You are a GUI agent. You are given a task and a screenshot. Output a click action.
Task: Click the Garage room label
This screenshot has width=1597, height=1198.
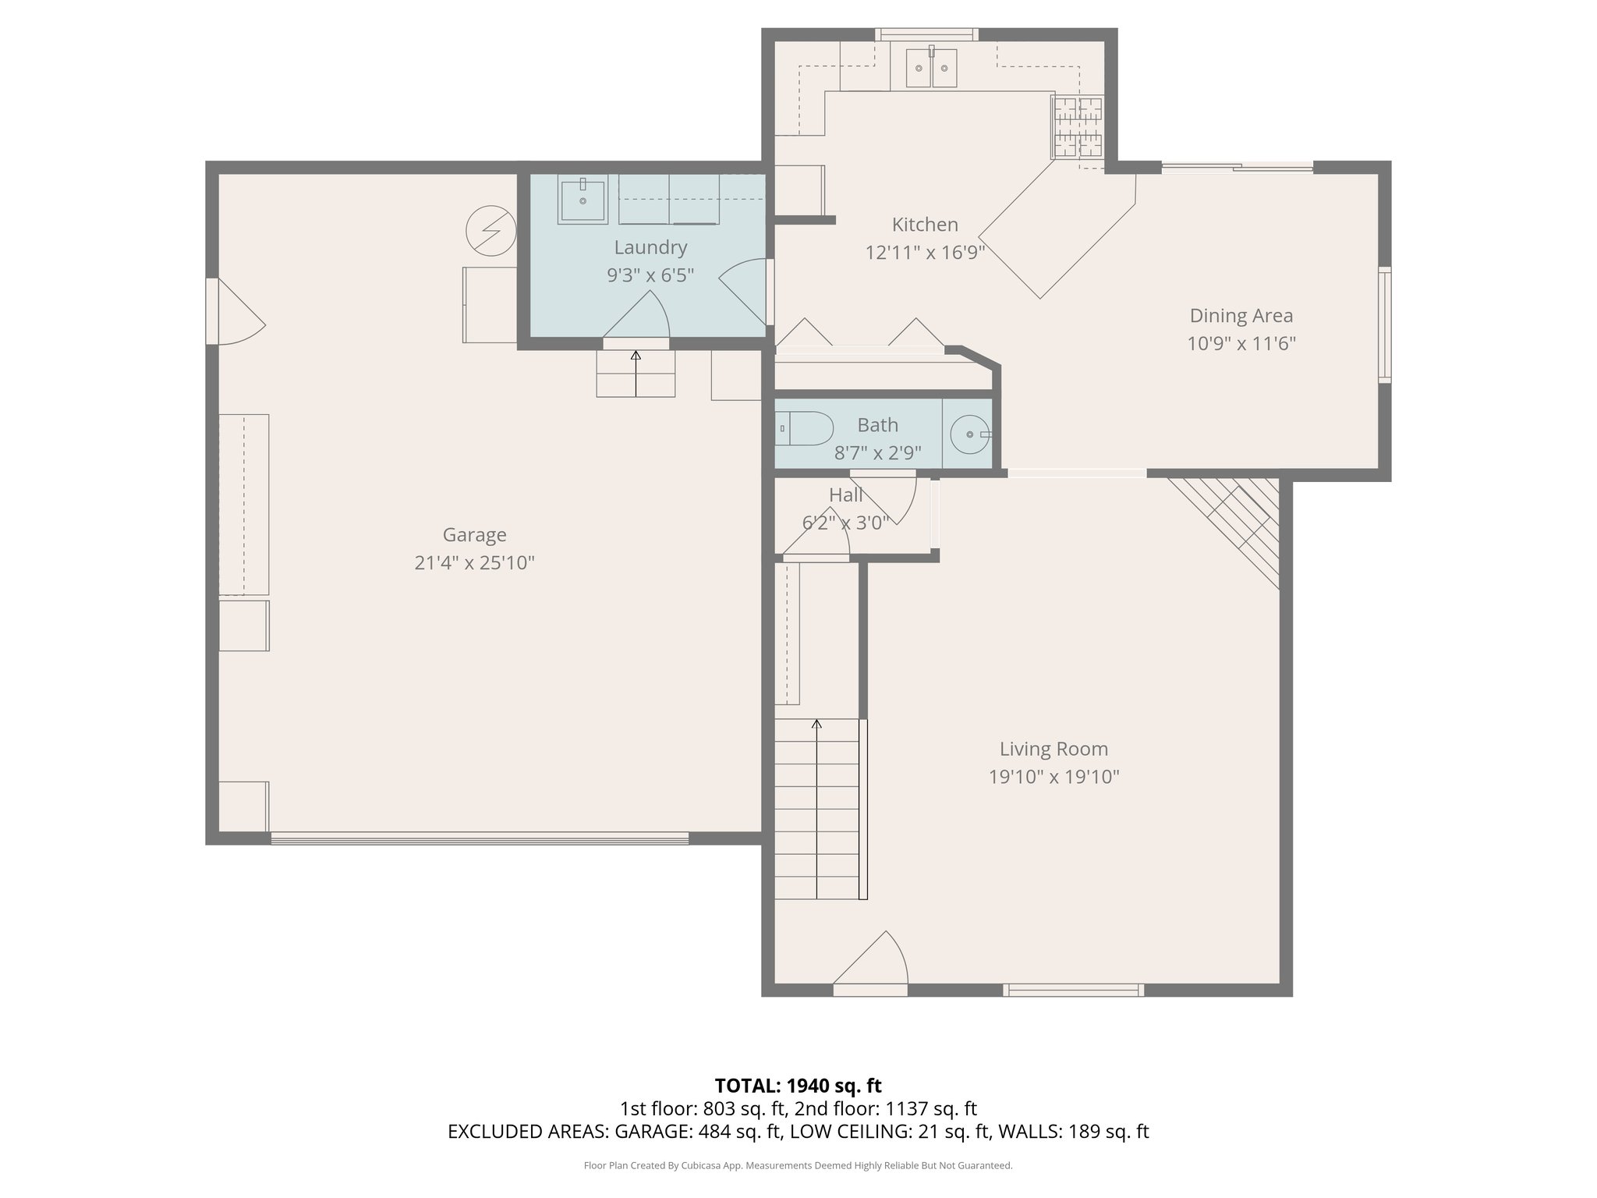coord(474,535)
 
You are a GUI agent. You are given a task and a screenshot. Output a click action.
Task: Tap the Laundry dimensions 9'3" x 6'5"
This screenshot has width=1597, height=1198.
coord(650,275)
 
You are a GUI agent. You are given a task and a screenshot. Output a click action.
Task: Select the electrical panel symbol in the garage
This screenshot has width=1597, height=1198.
coord(490,230)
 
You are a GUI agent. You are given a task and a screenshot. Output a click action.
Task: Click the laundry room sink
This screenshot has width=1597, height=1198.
coord(582,201)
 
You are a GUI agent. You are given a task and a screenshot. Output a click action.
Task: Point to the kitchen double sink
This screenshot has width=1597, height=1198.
coord(931,69)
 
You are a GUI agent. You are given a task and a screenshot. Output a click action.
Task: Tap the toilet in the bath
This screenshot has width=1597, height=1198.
coord(806,428)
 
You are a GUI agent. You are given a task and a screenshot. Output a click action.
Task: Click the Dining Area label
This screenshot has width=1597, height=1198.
coord(1241,316)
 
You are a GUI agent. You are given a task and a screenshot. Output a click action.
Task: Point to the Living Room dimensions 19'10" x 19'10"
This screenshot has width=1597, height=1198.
coord(1053,777)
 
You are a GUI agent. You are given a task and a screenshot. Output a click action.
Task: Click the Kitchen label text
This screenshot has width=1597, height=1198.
coord(925,225)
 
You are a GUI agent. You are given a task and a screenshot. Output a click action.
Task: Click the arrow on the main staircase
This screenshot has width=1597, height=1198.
coord(816,725)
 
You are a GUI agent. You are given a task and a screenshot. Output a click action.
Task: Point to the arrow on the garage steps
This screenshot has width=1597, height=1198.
coord(636,356)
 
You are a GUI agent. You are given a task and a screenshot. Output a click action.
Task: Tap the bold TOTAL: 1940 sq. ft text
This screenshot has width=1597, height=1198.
coord(798,1086)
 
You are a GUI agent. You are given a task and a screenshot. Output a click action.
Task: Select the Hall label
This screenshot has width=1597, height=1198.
coord(845,495)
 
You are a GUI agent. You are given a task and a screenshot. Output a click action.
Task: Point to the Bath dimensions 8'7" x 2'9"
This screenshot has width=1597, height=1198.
coord(877,452)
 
